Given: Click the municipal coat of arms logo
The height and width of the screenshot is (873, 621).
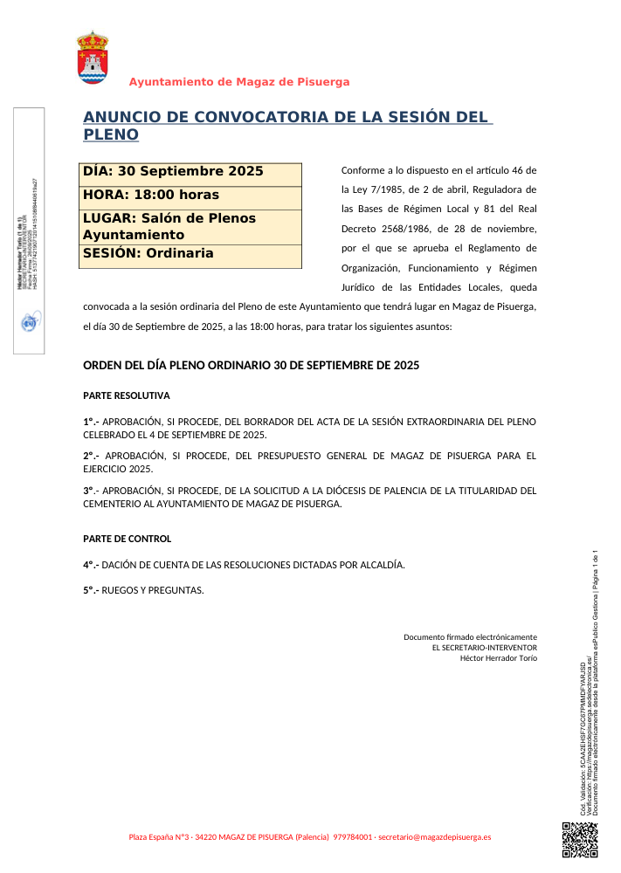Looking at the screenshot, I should (93, 58).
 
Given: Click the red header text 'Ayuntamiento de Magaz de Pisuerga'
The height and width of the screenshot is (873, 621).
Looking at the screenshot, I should (239, 82).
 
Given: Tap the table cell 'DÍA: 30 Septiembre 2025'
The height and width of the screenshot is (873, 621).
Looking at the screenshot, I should (191, 172).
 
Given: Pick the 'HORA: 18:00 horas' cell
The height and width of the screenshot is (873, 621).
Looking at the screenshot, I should (191, 195).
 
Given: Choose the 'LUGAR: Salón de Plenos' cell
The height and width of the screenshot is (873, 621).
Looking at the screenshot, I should (191, 227).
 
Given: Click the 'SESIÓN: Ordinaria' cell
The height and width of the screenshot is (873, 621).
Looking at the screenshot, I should (191, 254).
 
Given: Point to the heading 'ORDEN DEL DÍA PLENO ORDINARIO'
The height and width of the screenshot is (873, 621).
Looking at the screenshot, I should (251, 365).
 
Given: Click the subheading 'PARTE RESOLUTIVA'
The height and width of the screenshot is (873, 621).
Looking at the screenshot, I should (126, 395).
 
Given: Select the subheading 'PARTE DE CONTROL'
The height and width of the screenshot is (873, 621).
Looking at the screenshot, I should (127, 539).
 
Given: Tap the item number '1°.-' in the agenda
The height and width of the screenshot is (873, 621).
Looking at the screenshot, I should (91, 422).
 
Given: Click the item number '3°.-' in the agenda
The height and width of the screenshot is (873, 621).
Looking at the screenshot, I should (91, 491).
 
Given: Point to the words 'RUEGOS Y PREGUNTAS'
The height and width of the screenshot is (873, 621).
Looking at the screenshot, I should (153, 590).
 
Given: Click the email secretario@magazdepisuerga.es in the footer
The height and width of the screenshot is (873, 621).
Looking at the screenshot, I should (435, 837).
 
